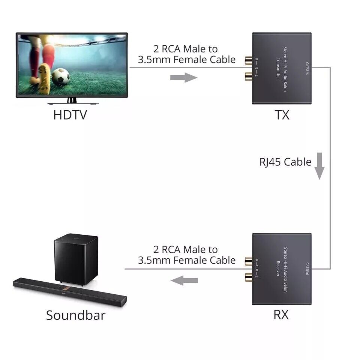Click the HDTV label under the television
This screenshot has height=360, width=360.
tap(70, 114)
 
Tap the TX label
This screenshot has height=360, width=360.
tap(282, 114)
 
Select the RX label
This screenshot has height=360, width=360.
tap(281, 315)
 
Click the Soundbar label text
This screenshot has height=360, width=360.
tap(76, 315)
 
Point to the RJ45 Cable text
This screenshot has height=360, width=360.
tap(285, 162)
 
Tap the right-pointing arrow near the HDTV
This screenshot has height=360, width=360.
tap(184, 78)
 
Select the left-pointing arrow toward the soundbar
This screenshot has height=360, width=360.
tap(184, 279)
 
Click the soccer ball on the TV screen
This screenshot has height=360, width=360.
tap(61, 76)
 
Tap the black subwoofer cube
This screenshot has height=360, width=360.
tap(76, 259)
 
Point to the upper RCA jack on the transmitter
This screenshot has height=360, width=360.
tap(248, 60)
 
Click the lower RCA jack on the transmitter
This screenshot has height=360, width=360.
tap(248, 77)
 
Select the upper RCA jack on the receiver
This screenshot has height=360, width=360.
tap(248, 260)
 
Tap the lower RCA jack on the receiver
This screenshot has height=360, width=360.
tap(248, 277)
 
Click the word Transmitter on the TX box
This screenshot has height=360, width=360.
tap(278, 68)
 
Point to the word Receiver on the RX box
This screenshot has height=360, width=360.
tap(278, 268)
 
